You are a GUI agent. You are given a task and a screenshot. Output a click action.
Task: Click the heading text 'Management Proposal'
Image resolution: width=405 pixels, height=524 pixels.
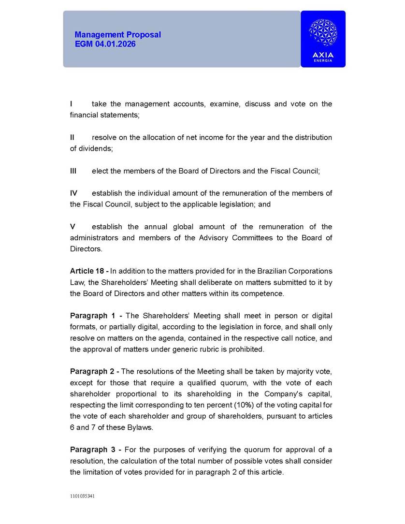pyautogui.click(x=117, y=35)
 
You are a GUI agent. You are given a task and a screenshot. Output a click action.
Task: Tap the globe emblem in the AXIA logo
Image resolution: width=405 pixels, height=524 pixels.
pyautogui.click(x=323, y=33)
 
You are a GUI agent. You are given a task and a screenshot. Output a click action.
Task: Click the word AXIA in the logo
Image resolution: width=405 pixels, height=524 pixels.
pyautogui.click(x=323, y=55)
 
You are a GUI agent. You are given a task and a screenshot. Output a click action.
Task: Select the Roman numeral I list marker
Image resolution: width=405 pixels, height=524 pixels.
pyautogui.click(x=71, y=104)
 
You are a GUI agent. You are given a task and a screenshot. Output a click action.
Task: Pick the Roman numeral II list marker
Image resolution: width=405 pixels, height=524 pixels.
pyautogui.click(x=72, y=137)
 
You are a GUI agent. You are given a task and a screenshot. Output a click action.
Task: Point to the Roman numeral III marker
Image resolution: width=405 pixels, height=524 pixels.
pyautogui.click(x=73, y=171)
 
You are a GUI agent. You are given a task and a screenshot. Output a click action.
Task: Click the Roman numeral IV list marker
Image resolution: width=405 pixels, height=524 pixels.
pyautogui.click(x=73, y=193)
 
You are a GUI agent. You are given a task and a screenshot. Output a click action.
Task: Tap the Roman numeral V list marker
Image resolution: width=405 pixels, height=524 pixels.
pyautogui.click(x=72, y=227)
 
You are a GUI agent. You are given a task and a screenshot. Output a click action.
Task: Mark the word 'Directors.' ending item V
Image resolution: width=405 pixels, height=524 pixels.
pyautogui.click(x=86, y=249)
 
